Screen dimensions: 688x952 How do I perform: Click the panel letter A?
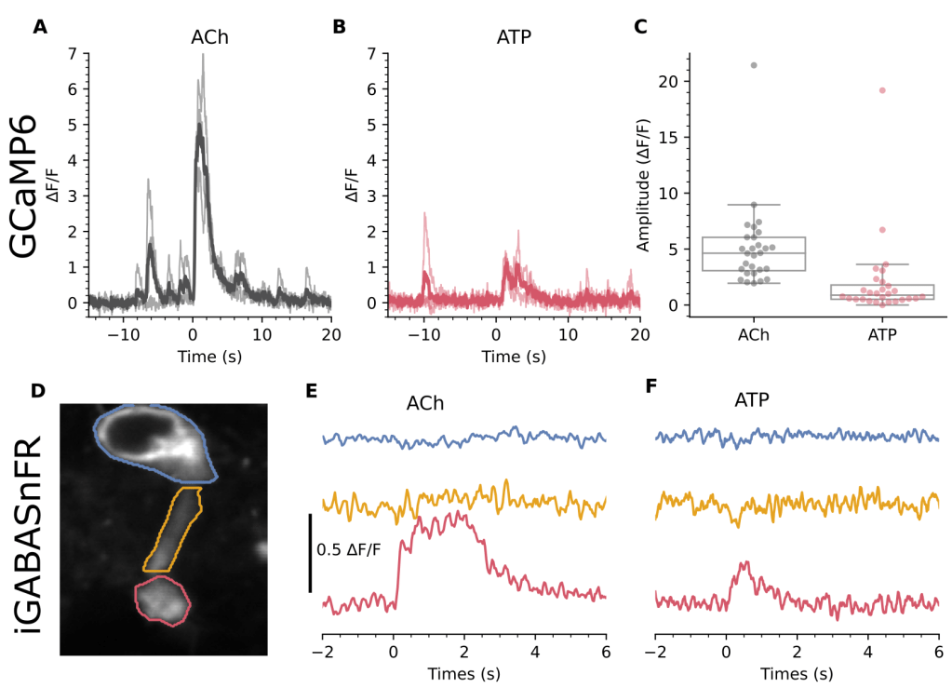pyautogui.click(x=40, y=27)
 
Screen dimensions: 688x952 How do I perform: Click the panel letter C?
pyautogui.click(x=640, y=27)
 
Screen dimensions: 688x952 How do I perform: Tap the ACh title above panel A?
pyautogui.click(x=209, y=38)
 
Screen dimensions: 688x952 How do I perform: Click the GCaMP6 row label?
pyautogui.click(x=24, y=185)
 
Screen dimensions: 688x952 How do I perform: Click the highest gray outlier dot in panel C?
pyautogui.click(x=753, y=65)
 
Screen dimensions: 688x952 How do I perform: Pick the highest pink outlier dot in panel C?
pyautogui.click(x=881, y=90)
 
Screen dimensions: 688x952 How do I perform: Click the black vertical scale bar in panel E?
pyautogui.click(x=310, y=551)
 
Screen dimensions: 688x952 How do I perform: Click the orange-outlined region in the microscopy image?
pyautogui.click(x=173, y=529)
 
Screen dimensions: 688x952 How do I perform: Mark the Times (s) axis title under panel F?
pyautogui.click(x=798, y=672)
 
